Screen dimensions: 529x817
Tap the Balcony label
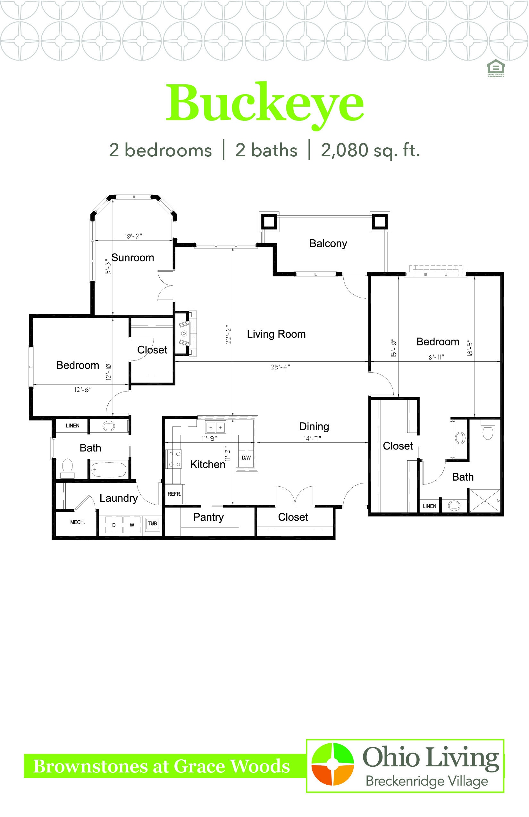(x=328, y=243)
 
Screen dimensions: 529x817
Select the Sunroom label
(x=133, y=258)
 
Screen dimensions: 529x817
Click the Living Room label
(x=276, y=334)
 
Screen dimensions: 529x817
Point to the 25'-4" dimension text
(x=280, y=367)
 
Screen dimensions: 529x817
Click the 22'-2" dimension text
(x=228, y=334)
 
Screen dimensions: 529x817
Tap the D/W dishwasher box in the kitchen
(x=246, y=458)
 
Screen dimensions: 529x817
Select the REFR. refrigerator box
(x=174, y=494)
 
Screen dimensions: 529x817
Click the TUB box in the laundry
(x=152, y=524)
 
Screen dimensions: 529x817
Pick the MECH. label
(x=77, y=522)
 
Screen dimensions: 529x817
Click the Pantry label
(x=208, y=517)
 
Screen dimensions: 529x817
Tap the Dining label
(x=314, y=426)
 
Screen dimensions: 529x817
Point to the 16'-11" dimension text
(x=435, y=357)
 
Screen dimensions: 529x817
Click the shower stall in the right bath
(x=485, y=501)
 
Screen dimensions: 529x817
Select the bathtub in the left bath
(x=109, y=470)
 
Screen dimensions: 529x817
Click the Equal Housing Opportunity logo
(x=496, y=68)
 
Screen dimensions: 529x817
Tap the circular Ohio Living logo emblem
(x=332, y=764)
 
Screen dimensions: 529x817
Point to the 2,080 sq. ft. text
(x=370, y=150)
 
